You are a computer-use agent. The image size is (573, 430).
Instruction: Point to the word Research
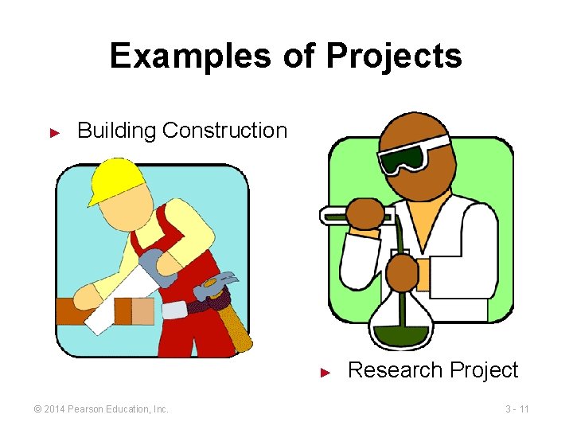click(x=396, y=370)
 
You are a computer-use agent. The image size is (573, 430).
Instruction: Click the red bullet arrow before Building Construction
click(x=55, y=131)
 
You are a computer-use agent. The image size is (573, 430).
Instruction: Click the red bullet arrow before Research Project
click(x=325, y=372)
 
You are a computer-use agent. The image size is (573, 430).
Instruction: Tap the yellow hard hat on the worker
click(x=115, y=179)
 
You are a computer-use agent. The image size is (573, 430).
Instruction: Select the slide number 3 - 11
click(x=517, y=409)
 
